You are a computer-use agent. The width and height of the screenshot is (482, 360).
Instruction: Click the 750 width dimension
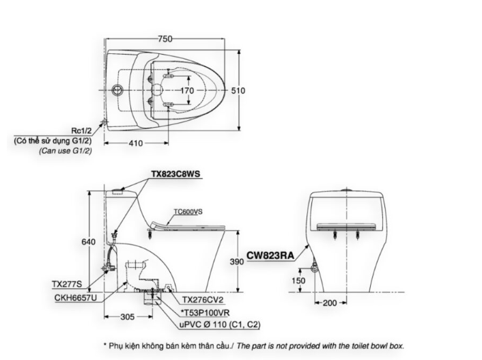pyautogui.click(x=165, y=40)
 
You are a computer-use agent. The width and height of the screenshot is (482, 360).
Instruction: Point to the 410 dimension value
pyautogui.click(x=134, y=143)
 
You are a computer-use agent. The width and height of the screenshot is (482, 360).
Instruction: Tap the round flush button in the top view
pyautogui.click(x=118, y=90)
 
